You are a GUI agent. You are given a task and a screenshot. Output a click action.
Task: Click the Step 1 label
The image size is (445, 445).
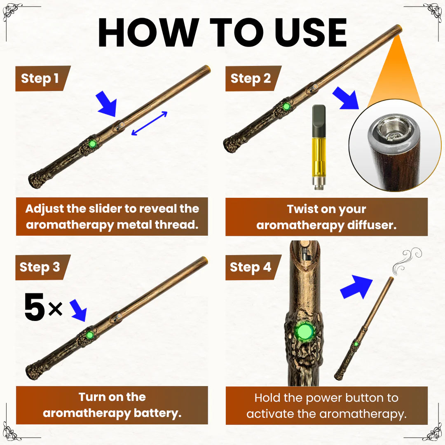(40, 79)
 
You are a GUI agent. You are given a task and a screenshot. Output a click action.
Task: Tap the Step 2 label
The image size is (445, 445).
(251, 79)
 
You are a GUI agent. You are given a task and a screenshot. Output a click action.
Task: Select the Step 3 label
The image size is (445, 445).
(40, 267)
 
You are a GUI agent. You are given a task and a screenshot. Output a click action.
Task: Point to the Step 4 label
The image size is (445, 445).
(251, 267)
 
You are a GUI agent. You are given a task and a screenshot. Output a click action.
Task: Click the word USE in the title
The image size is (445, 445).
(311, 33)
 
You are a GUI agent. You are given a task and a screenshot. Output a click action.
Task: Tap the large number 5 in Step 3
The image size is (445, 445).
(34, 307)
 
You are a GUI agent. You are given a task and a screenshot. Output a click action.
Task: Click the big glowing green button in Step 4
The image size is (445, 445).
(305, 331)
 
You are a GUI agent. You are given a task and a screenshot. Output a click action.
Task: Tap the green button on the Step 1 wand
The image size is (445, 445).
(91, 144)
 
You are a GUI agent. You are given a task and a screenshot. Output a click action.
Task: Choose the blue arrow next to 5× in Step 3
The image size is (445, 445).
(79, 310)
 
